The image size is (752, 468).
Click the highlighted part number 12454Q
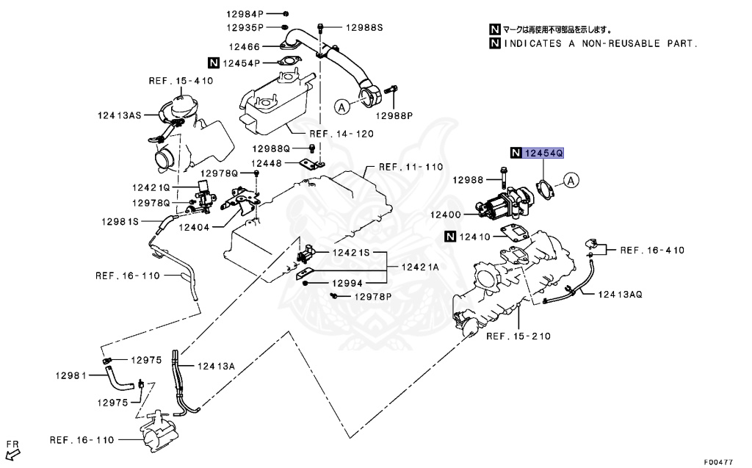click(543, 153)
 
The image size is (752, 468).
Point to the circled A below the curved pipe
click(341, 107)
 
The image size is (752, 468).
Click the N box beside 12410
click(449, 237)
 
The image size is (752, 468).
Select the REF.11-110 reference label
click(411, 167)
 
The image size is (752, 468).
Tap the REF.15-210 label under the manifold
click(518, 336)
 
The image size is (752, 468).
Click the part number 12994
click(344, 282)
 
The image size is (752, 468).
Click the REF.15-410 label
click(181, 80)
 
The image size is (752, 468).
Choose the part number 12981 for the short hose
click(71, 375)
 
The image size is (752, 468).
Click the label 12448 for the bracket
click(267, 163)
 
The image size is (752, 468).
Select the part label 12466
click(244, 46)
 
